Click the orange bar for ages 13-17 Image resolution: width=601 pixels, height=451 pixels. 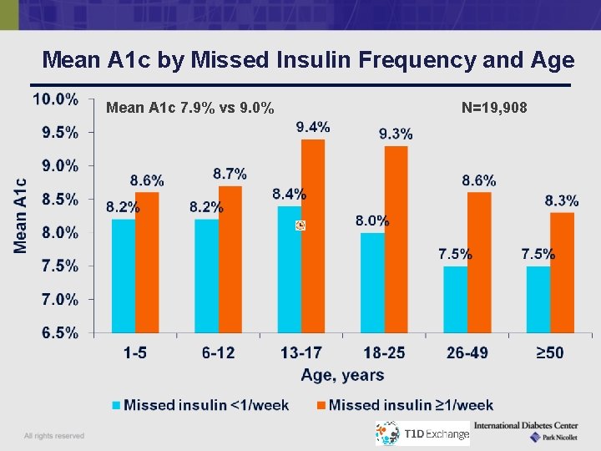tap(313, 236)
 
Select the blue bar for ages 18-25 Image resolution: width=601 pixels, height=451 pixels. tap(372, 282)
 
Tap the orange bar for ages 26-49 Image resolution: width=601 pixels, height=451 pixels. tap(479, 262)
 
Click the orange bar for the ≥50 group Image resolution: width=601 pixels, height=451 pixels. tap(562, 272)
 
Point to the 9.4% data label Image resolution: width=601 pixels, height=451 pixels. tap(313, 127)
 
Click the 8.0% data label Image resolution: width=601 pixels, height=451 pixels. tap(372, 221)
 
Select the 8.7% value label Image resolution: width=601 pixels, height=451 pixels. tap(230, 174)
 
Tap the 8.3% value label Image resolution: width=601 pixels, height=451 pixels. tap(562, 200)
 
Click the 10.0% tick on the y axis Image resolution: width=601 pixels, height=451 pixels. tap(55, 99)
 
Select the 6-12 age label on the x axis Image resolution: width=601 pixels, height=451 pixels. tap(219, 353)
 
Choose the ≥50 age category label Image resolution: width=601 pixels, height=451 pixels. tap(550, 353)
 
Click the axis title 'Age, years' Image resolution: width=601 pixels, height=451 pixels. tap(342, 376)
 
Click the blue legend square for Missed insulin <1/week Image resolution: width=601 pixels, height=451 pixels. tap(117, 405)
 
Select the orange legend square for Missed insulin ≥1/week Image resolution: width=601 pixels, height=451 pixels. tap(321, 405)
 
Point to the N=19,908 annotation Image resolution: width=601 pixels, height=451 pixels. tap(494, 107)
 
